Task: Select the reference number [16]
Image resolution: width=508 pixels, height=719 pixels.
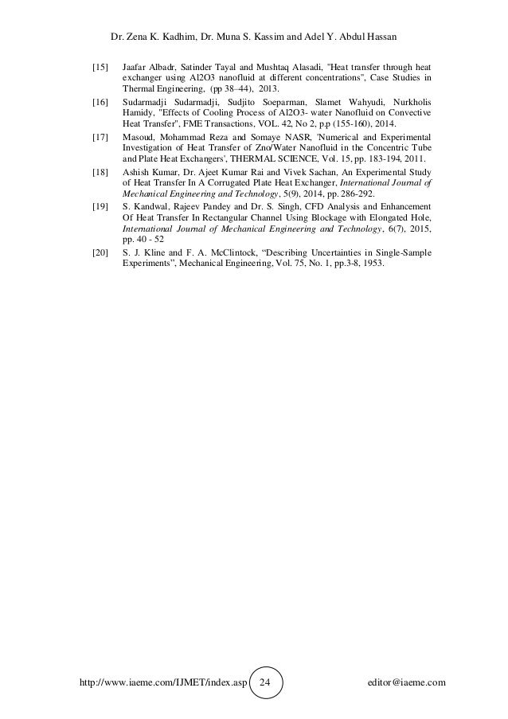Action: pyautogui.click(x=101, y=103)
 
